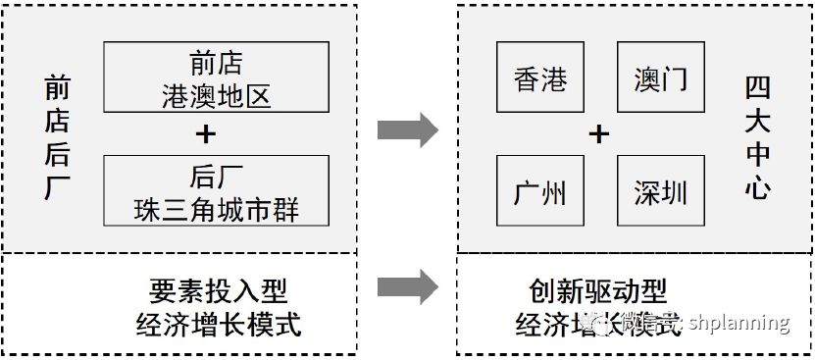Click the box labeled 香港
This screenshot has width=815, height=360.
click(540, 77)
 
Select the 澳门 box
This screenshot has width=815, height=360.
click(661, 77)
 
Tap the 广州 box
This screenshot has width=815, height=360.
click(540, 190)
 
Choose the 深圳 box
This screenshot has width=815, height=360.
click(661, 190)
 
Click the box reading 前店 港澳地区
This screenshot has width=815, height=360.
click(216, 77)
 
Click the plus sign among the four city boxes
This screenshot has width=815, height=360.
click(599, 133)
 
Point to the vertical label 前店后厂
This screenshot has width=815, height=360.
click(57, 134)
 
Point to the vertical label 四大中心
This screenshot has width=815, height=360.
click(757, 134)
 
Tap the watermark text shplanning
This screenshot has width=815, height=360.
click(739, 323)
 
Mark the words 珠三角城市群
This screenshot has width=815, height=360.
click(218, 210)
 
